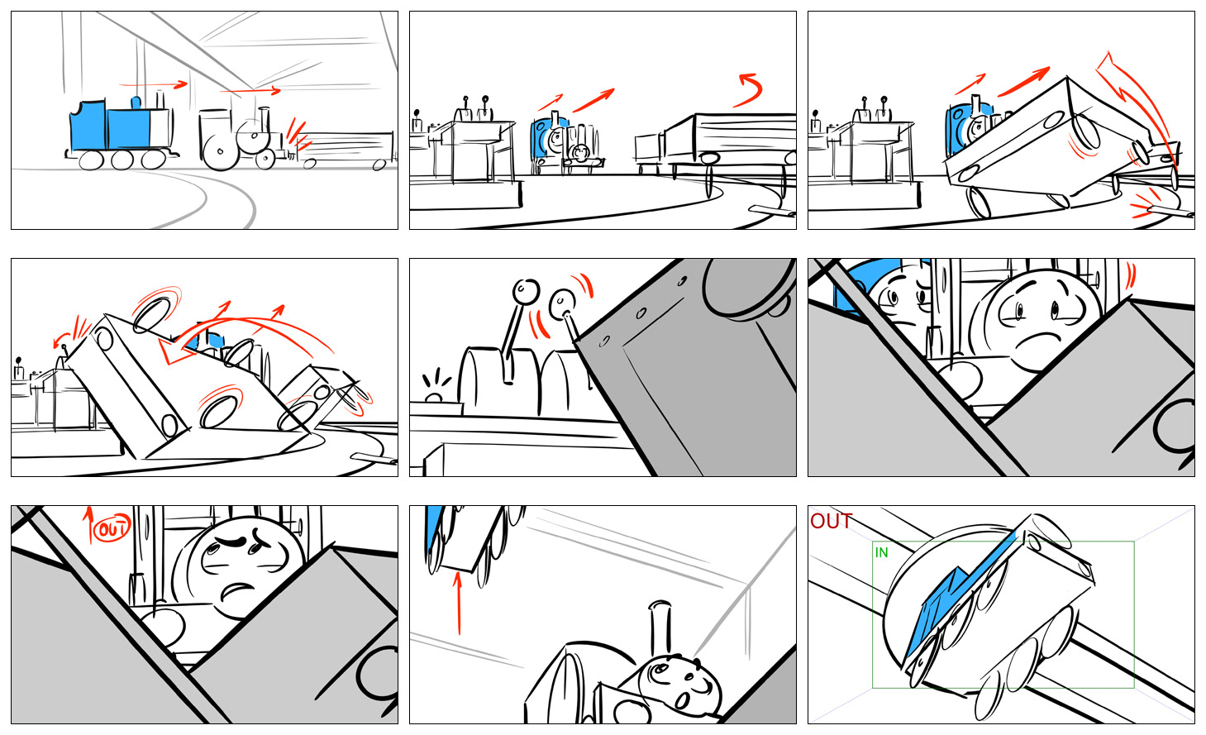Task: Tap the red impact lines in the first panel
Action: point(298,136)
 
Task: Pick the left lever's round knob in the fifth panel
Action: point(526,292)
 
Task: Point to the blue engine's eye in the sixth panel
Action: point(892,297)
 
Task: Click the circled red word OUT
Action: point(112,528)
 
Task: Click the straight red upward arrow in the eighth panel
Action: point(458,603)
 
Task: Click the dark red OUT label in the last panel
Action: point(831,521)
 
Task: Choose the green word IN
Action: point(881,552)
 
